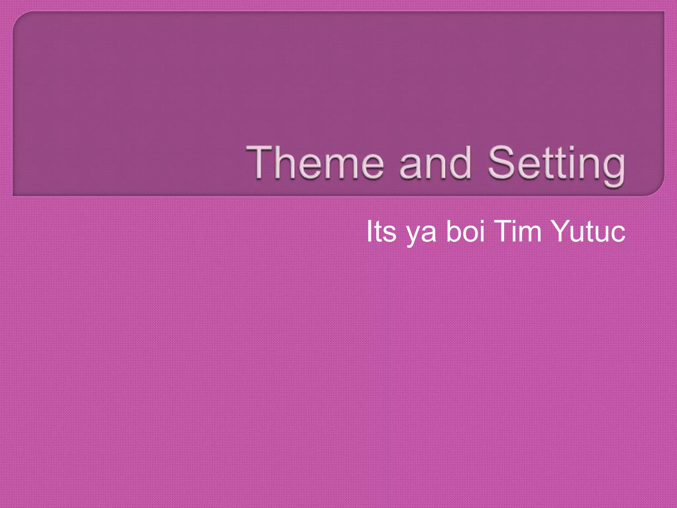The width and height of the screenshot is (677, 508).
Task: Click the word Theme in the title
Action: (x=315, y=163)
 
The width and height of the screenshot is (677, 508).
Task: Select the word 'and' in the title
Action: (x=435, y=163)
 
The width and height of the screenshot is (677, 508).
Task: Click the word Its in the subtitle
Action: (x=381, y=231)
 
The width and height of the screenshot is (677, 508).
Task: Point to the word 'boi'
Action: (x=465, y=231)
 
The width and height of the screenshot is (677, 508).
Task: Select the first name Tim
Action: (x=518, y=231)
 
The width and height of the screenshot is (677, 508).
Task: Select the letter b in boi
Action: (x=454, y=231)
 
